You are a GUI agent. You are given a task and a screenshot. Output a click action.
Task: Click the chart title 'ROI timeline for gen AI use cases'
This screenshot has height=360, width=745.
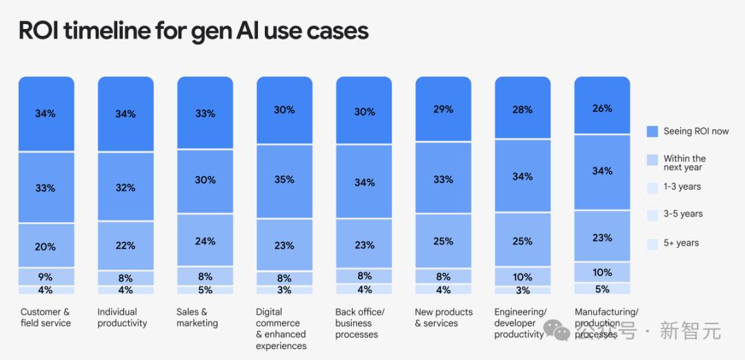(193, 31)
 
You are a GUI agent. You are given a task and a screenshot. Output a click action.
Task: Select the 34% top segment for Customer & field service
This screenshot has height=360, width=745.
(46, 114)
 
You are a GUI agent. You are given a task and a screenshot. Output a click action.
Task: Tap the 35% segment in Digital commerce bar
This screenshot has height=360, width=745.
(284, 179)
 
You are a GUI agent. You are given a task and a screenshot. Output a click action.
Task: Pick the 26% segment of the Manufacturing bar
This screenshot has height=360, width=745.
(602, 108)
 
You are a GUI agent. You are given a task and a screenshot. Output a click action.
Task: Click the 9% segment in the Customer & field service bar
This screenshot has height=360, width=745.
(46, 277)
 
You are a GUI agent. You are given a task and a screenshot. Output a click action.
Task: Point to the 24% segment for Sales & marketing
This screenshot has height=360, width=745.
(205, 241)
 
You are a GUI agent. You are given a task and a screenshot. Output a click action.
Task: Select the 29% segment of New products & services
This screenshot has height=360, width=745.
(444, 109)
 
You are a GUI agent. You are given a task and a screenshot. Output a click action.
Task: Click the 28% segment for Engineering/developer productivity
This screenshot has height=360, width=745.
(523, 109)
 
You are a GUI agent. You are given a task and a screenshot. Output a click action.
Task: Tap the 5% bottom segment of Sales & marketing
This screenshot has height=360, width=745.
(205, 290)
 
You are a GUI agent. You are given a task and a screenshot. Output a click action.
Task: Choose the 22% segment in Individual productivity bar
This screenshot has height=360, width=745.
(126, 246)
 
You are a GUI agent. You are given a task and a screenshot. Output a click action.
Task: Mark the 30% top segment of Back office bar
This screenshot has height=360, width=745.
(364, 112)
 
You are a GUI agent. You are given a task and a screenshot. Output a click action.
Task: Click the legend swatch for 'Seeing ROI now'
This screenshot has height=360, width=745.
(653, 131)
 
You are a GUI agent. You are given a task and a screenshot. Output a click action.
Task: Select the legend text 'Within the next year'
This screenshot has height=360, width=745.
(684, 163)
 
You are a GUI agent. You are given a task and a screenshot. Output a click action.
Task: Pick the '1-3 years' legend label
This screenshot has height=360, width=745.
(682, 186)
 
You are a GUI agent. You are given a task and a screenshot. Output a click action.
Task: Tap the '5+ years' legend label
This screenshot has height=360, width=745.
(681, 243)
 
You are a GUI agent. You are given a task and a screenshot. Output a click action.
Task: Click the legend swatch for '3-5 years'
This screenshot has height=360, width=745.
(653, 214)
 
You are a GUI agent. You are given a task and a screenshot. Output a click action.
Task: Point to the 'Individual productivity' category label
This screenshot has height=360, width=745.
(122, 317)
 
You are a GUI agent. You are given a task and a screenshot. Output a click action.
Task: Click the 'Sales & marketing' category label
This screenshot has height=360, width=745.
(197, 317)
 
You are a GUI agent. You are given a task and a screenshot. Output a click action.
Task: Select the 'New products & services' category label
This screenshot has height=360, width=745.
(444, 317)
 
